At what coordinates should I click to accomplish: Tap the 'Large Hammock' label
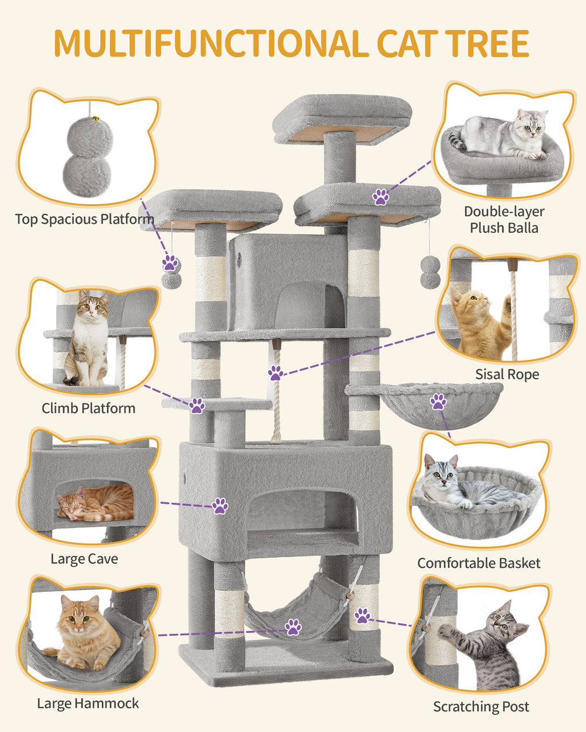coord(88,703)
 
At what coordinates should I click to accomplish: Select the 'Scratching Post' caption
coord(481,706)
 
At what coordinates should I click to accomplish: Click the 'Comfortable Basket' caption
coord(478,563)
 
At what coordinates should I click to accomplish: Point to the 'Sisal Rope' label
coord(507,375)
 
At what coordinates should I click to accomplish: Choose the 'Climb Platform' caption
coord(88,408)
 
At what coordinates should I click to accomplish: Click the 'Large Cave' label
coord(84,559)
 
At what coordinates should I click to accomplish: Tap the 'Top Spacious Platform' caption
coord(84,219)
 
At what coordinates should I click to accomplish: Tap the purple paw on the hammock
coord(294,626)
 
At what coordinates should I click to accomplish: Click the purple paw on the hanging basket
coord(438,401)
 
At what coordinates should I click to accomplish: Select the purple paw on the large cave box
coord(220,506)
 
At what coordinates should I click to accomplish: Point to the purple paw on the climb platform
coord(197,405)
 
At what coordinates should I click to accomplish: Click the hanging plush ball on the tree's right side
coord(430,272)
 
